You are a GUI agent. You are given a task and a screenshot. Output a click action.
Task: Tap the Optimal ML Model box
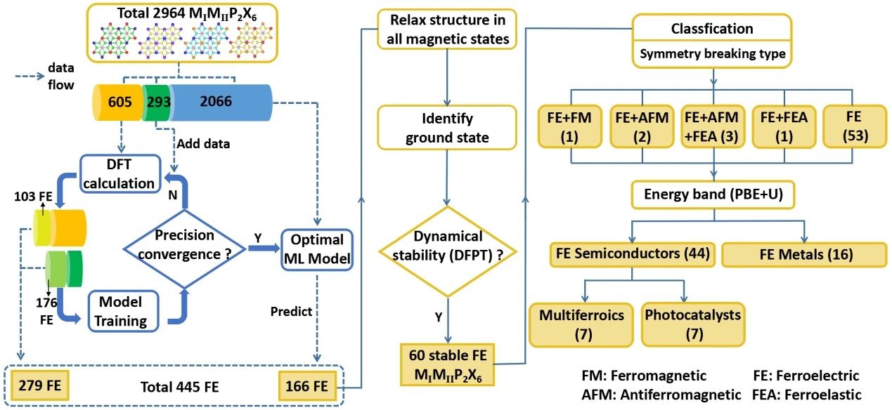316,249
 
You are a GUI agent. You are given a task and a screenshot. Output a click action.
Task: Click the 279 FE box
39,385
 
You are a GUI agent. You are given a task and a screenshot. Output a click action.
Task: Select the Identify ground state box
448,128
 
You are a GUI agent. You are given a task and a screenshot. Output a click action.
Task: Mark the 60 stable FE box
447,363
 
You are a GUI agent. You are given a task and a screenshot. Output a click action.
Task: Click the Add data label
204,143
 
